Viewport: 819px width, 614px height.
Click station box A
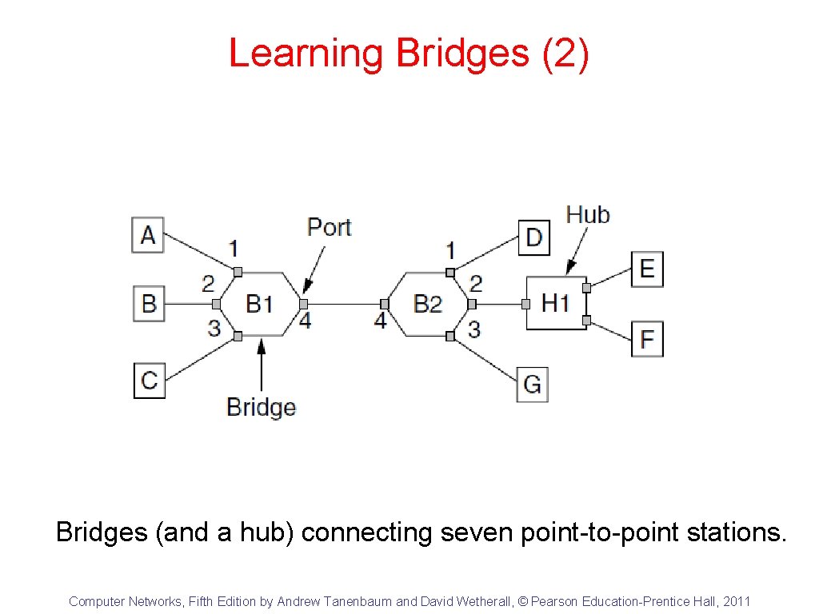point(148,235)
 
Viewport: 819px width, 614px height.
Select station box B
point(149,304)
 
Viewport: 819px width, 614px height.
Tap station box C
point(150,379)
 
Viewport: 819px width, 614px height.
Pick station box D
point(534,237)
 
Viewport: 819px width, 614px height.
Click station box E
point(647,269)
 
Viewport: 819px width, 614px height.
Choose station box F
point(647,339)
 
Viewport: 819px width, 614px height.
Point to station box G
point(532,384)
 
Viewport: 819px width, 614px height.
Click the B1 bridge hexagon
point(260,304)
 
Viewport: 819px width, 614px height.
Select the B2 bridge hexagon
point(428,304)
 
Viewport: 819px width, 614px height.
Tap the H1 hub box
point(556,303)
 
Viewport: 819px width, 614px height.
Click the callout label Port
point(329,227)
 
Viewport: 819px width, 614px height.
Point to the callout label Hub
point(588,214)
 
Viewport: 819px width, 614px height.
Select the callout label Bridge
point(261,407)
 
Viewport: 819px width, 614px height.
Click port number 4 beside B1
point(305,321)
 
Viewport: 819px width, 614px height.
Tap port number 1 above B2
point(450,250)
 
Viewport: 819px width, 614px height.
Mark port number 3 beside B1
point(214,328)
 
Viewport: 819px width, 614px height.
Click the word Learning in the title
point(306,54)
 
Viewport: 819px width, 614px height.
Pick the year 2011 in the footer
point(737,601)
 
